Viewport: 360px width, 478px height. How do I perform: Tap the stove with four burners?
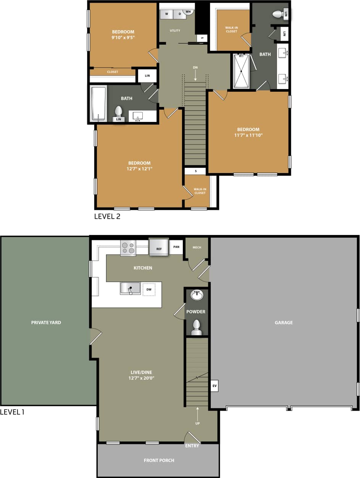click(x=128, y=248)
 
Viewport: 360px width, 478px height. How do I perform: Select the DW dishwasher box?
click(x=149, y=290)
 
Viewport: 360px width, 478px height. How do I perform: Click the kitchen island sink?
click(x=130, y=288)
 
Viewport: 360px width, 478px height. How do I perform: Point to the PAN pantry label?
click(x=176, y=247)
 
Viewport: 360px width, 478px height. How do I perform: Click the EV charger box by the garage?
click(x=214, y=386)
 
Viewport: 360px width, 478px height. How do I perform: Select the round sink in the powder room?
click(x=197, y=295)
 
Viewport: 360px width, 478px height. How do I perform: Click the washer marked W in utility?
click(x=166, y=15)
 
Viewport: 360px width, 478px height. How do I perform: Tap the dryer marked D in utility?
click(x=179, y=15)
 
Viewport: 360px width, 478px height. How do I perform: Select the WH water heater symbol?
click(x=189, y=12)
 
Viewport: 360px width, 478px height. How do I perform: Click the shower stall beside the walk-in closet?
click(x=241, y=71)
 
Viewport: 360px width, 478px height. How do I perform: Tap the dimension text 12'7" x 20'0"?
click(x=141, y=378)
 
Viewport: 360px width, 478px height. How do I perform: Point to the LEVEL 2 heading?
click(x=107, y=216)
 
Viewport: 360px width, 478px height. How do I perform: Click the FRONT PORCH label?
click(x=159, y=460)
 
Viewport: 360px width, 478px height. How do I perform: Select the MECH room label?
click(x=197, y=248)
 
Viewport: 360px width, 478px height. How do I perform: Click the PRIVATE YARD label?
click(x=46, y=322)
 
